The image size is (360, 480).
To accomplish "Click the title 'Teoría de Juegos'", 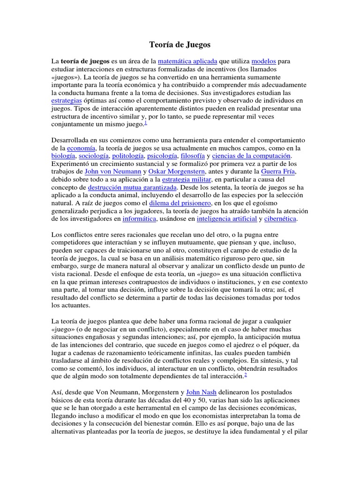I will [180, 45].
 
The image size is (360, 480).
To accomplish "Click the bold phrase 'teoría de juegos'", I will [84, 61].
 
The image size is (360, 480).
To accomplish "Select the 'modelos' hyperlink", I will [263, 61].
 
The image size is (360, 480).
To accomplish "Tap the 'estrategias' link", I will [66, 101].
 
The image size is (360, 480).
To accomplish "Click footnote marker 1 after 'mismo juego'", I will [146, 123].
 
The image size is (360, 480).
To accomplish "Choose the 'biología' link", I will [63, 156].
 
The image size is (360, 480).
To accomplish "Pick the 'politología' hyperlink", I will [128, 156].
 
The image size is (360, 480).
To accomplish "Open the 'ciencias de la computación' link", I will [252, 156].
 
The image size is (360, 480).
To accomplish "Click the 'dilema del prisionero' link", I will [180, 203].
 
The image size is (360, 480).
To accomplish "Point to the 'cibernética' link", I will [280, 219].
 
